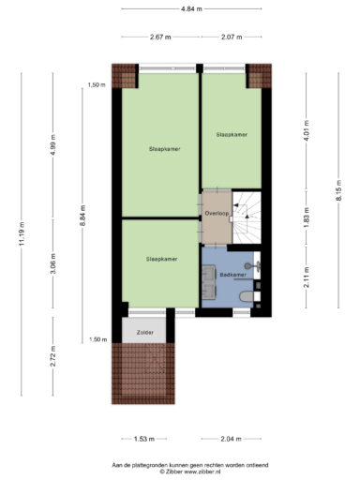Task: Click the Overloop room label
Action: [x=217, y=213]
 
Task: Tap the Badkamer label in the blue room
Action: [x=232, y=275]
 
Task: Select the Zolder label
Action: [x=145, y=333]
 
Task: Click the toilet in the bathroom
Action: [x=246, y=296]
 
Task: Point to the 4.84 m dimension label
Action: [x=191, y=9]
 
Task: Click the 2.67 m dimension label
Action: [x=160, y=37]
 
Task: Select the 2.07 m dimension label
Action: [x=232, y=37]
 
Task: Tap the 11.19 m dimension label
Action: [x=22, y=233]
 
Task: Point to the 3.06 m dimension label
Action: [x=53, y=263]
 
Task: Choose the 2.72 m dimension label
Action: [x=53, y=356]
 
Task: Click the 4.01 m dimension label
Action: [x=307, y=130]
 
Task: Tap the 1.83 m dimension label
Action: [x=307, y=217]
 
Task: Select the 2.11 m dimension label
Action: [x=307, y=277]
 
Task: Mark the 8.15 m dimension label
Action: [x=338, y=191]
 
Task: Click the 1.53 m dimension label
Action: [x=144, y=439]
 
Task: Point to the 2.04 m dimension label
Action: [x=231, y=439]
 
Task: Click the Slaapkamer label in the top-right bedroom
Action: [x=232, y=135]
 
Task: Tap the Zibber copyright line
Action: [x=190, y=472]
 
